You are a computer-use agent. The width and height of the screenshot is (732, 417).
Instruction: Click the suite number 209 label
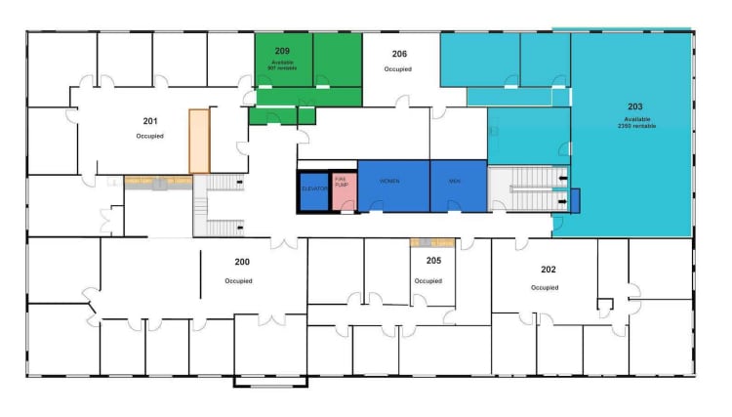(x=282, y=50)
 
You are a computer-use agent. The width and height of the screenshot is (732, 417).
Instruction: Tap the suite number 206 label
(x=399, y=56)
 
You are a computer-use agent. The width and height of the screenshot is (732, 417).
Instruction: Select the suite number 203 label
(x=635, y=105)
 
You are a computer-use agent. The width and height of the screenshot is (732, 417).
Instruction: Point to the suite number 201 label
(x=150, y=121)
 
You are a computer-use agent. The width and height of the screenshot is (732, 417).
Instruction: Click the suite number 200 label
(x=242, y=262)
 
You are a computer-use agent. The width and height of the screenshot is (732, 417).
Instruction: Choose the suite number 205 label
(x=433, y=261)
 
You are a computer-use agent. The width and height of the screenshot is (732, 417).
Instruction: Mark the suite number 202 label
(x=549, y=269)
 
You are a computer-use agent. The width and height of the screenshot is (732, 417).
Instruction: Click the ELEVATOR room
(x=313, y=188)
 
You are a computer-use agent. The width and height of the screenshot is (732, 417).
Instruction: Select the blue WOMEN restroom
(x=392, y=183)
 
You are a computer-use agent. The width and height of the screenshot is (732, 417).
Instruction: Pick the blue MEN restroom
(x=458, y=183)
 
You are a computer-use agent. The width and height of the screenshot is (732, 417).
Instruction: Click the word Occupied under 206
(x=398, y=69)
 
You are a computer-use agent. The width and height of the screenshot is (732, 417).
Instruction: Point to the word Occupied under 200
(x=239, y=281)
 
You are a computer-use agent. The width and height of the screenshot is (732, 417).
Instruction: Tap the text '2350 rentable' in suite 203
(x=636, y=127)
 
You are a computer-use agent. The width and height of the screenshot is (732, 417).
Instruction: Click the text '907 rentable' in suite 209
(x=283, y=68)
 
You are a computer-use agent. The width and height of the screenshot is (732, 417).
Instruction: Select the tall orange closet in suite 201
(x=200, y=142)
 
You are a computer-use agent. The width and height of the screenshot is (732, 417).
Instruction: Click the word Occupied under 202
(x=545, y=287)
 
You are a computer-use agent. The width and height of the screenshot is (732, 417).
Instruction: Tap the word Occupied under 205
(x=427, y=281)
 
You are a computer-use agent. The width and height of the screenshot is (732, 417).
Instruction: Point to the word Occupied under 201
(x=149, y=136)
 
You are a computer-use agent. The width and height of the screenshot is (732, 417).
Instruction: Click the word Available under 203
(x=636, y=119)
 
